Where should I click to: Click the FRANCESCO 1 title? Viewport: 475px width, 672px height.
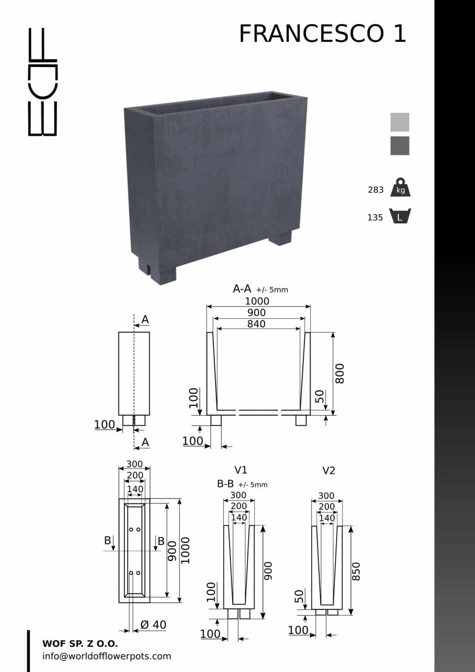click(322, 34)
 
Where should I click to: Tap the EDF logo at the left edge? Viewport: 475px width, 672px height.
click(42, 82)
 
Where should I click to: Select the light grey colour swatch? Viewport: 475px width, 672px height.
click(400, 122)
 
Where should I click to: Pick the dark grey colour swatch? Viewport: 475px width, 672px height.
click(400, 146)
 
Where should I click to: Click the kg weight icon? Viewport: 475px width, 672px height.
click(401, 187)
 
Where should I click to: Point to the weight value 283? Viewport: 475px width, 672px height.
click(376, 190)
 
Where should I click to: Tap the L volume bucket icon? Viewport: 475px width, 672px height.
click(400, 216)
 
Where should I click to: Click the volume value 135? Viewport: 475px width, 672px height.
click(375, 217)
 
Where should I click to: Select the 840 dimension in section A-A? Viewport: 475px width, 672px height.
click(256, 324)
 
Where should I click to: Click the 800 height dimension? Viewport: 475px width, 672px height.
click(340, 374)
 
